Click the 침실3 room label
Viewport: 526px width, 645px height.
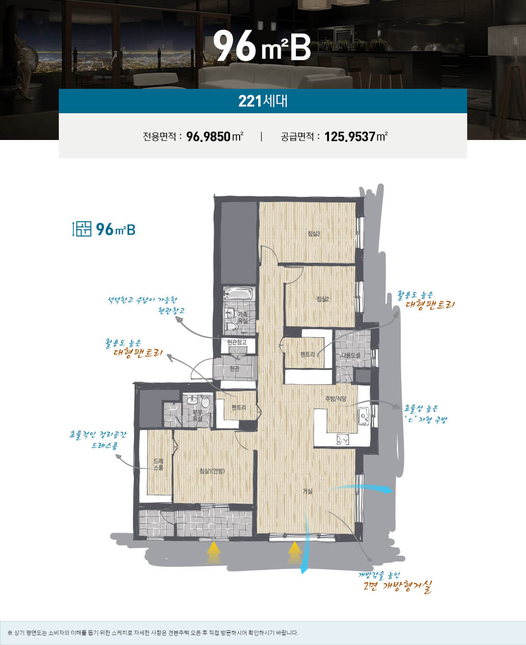314,234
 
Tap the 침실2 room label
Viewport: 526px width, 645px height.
323,299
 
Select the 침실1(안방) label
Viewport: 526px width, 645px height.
212,471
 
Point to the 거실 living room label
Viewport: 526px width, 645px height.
307,491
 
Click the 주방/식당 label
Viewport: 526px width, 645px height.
336,398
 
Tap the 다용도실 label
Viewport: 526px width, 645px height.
351,355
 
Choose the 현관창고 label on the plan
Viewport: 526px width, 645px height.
237,342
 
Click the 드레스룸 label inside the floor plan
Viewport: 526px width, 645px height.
158,464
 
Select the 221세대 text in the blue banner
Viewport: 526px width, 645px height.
263,101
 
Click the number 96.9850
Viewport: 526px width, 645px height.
208,137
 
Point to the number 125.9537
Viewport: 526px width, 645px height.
350,137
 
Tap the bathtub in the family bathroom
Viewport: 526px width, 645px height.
238,294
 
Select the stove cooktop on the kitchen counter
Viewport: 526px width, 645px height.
343,440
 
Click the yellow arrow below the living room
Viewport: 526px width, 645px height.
294,553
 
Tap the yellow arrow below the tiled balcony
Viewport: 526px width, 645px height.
214,553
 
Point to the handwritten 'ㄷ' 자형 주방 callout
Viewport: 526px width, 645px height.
426,419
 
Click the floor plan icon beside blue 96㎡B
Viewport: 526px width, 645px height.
81,229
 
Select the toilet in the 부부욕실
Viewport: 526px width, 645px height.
206,402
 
